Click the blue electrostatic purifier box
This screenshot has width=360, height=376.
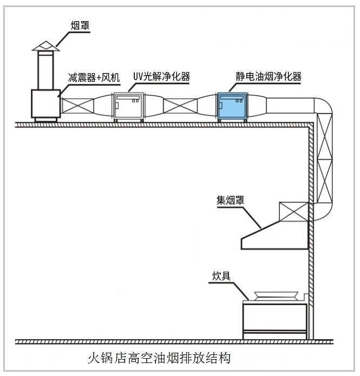[x=232, y=108]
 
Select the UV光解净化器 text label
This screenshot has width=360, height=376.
[x=161, y=77]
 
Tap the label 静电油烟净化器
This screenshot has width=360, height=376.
[x=268, y=77]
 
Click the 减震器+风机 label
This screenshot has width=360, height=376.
[x=93, y=77]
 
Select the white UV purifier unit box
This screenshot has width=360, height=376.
[x=128, y=107]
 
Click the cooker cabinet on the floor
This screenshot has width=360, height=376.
[x=274, y=320]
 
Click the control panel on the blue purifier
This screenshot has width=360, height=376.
[x=232, y=99]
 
